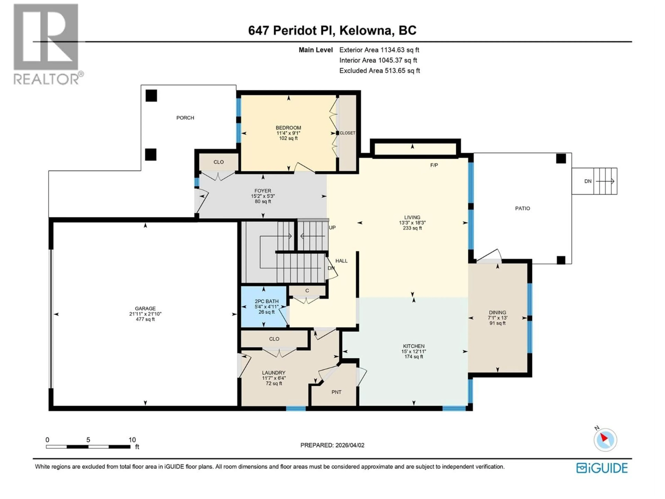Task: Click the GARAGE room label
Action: (145, 308)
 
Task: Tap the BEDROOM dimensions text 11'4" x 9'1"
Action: (288, 133)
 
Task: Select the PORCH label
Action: (185, 118)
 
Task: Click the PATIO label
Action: (522, 208)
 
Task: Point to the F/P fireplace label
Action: (434, 165)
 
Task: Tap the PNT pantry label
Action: (336, 392)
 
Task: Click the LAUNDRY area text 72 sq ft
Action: (274, 383)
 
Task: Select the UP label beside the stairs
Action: (332, 227)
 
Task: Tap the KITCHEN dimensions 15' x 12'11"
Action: (414, 351)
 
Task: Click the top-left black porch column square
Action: (151, 96)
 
